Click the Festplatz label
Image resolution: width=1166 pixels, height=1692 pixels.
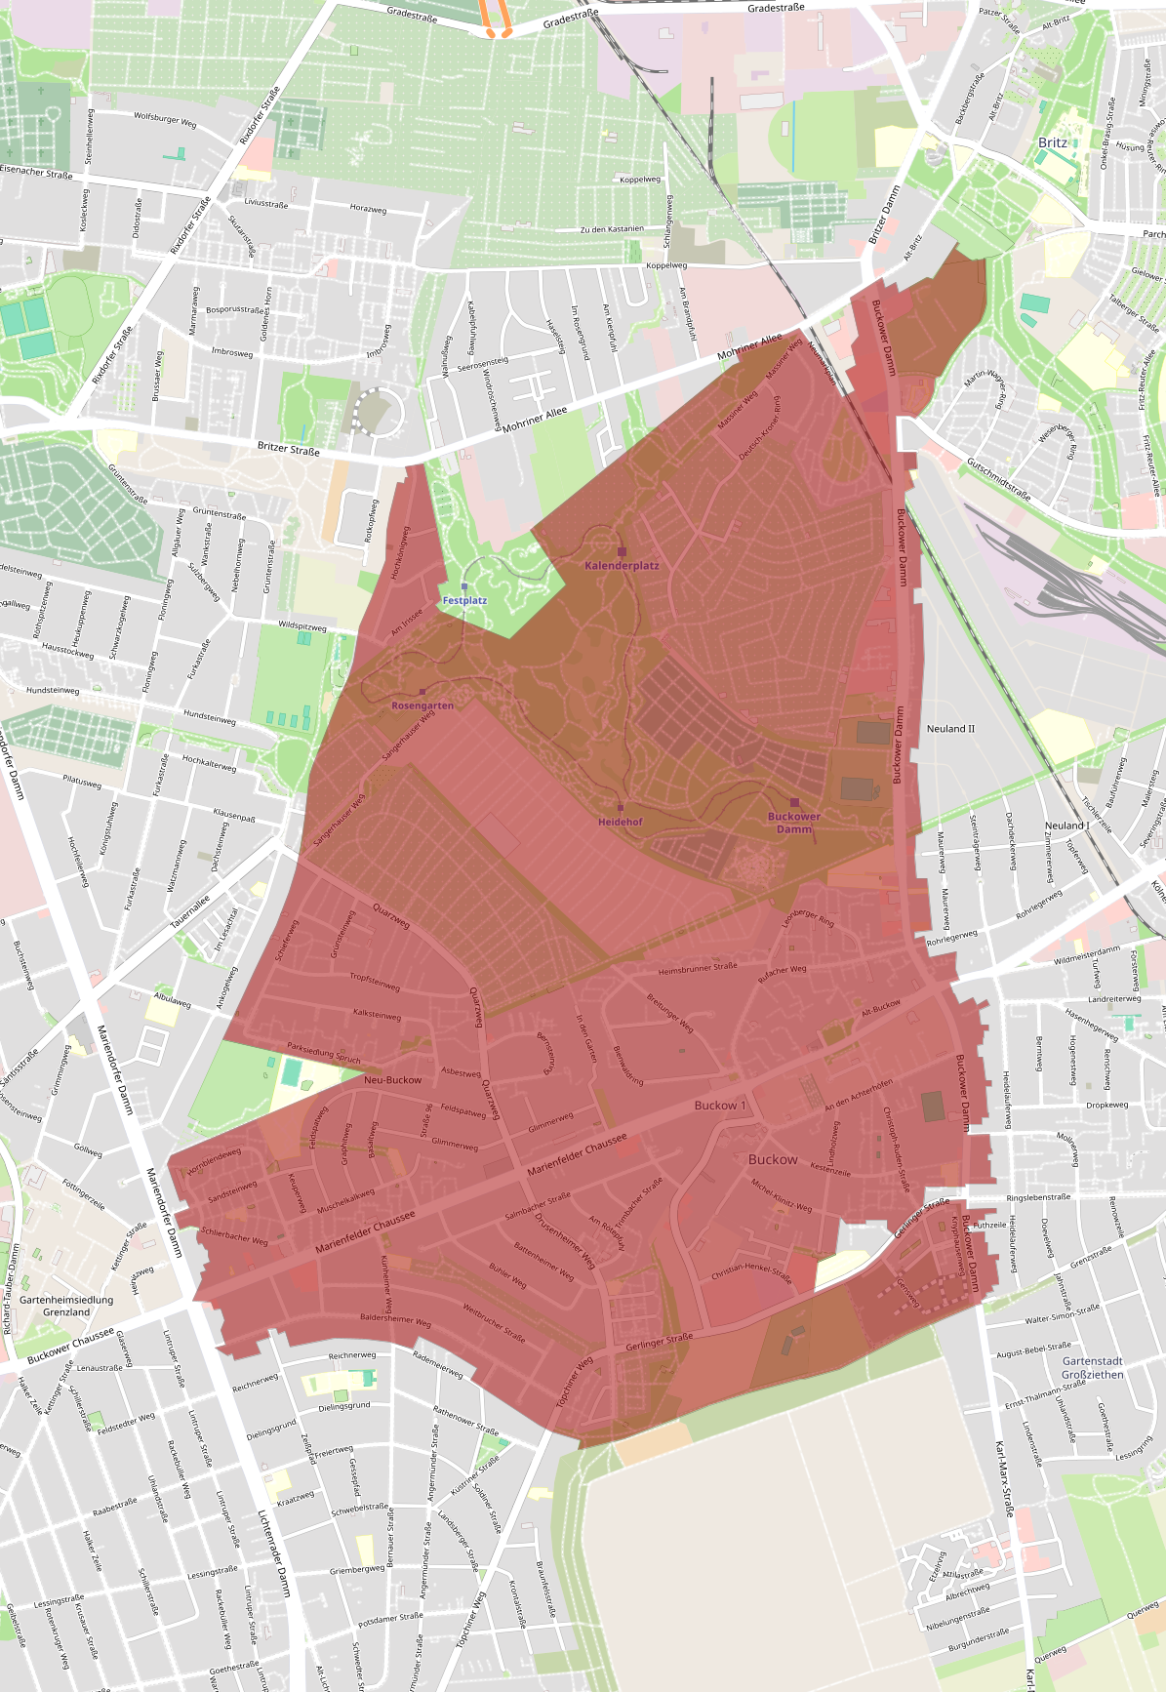(464, 600)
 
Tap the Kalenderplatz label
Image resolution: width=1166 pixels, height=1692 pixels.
(622, 565)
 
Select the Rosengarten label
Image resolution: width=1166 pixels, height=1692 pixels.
(422, 705)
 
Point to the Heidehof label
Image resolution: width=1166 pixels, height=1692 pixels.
(621, 822)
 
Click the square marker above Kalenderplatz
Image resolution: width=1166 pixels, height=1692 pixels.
(622, 551)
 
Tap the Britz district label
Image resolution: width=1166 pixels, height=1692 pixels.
(1053, 142)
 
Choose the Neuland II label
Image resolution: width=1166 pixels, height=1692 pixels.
(950, 729)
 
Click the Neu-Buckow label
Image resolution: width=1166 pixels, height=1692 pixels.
(392, 1080)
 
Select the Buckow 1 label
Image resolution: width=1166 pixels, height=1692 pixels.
(720, 1106)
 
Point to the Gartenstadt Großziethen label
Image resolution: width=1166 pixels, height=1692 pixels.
(1093, 1367)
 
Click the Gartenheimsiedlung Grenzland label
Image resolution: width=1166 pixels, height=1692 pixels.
(66, 1306)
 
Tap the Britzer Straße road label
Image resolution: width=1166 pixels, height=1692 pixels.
(288, 449)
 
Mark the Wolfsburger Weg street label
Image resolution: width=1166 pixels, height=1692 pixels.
(165, 120)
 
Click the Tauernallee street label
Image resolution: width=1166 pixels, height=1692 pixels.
(190, 911)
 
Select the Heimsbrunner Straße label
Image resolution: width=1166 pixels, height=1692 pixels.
(698, 969)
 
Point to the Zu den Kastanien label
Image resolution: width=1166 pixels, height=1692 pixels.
(612, 229)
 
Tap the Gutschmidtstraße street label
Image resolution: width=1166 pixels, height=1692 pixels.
(998, 478)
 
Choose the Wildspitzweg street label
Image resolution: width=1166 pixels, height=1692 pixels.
(302, 625)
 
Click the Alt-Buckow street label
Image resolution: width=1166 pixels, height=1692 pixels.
(880, 1008)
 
